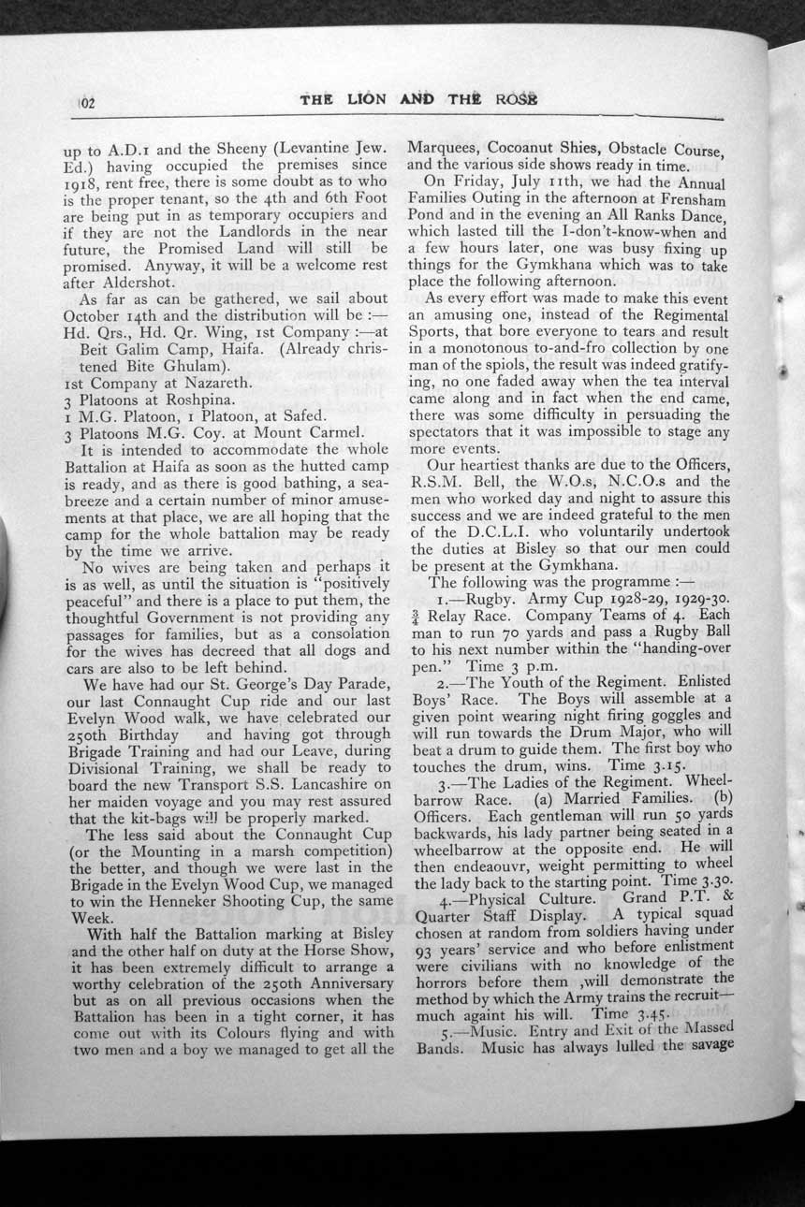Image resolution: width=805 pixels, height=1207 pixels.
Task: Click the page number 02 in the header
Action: [88, 102]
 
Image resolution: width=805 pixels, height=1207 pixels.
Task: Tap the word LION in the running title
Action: [360, 100]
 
